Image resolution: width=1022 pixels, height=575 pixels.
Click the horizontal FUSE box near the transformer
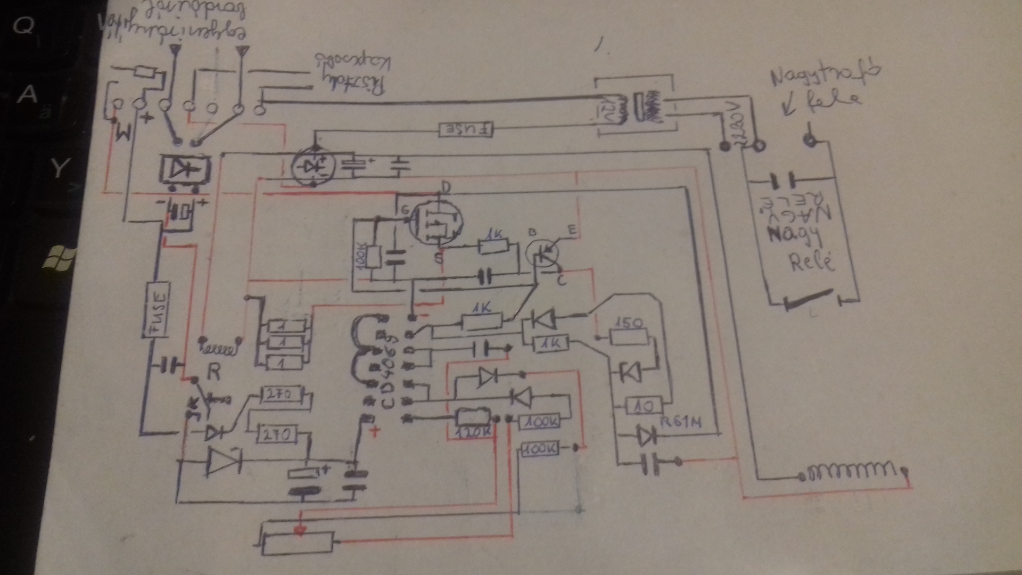(466, 129)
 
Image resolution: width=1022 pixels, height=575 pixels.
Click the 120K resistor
(473, 421)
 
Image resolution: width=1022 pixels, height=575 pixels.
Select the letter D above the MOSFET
(446, 187)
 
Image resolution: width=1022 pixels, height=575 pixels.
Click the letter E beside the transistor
(572, 231)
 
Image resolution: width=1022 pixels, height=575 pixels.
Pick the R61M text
(681, 423)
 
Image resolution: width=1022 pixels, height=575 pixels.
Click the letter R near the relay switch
(213, 372)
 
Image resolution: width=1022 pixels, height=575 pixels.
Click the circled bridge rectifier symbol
(313, 166)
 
